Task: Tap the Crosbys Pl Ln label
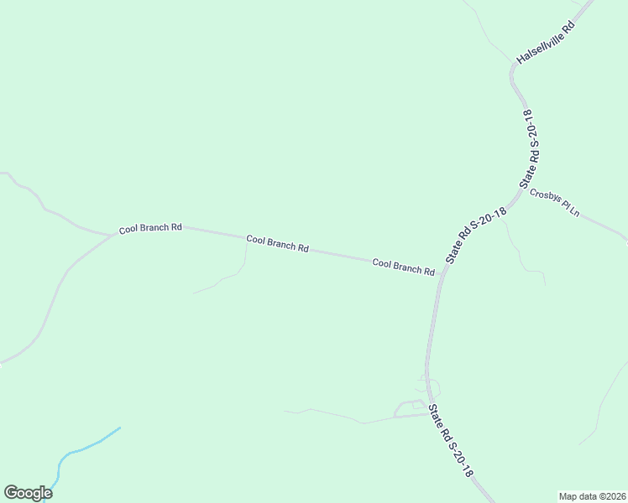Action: [555, 202]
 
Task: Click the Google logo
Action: [28, 493]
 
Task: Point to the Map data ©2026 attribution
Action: [592, 495]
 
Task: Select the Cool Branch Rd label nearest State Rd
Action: [403, 267]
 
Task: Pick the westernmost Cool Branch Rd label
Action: [150, 228]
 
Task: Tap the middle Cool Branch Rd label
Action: [277, 244]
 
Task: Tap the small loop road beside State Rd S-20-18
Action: [410, 408]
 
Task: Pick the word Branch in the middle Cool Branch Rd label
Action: [280, 244]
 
